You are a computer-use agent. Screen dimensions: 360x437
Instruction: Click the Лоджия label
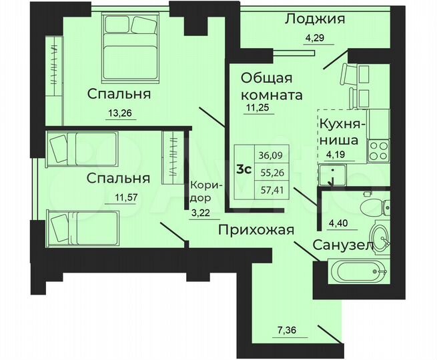pyautogui.click(x=315, y=19)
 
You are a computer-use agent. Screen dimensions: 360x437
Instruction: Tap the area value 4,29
pyautogui.click(x=316, y=37)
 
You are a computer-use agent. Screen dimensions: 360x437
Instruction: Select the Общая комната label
pyautogui.click(x=271, y=85)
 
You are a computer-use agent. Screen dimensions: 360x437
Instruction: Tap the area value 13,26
pyautogui.click(x=121, y=113)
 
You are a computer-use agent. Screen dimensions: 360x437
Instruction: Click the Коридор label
pyautogui.click(x=202, y=192)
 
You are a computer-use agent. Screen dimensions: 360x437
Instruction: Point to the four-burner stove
pyautogui.click(x=378, y=149)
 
